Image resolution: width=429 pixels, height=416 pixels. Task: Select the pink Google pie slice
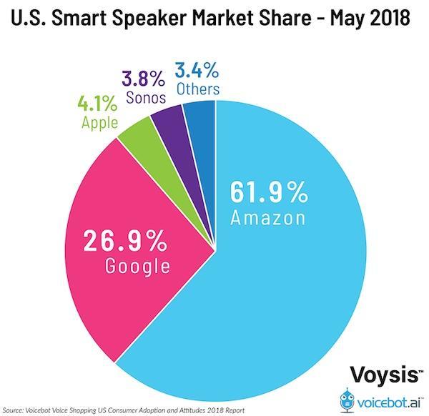[x=132, y=246]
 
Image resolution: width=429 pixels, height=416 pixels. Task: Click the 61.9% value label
[x=269, y=192]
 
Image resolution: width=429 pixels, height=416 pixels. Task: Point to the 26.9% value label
[x=124, y=240]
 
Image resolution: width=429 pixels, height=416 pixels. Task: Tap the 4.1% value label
[x=98, y=104]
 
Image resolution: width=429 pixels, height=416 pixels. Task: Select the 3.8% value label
[x=143, y=79]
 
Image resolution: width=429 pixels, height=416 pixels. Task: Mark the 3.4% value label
[x=197, y=70]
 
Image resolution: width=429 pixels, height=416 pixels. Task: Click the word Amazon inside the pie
[x=268, y=218]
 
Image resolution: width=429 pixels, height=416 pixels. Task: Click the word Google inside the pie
[x=137, y=266]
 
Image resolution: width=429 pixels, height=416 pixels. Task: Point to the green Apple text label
[x=100, y=122]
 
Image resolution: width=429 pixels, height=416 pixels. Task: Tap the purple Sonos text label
[x=146, y=97]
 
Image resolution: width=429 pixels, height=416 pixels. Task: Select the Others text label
[x=198, y=89]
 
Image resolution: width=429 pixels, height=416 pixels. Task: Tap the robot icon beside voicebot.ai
[x=347, y=400]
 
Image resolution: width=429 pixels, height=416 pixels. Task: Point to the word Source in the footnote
[x=13, y=410]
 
